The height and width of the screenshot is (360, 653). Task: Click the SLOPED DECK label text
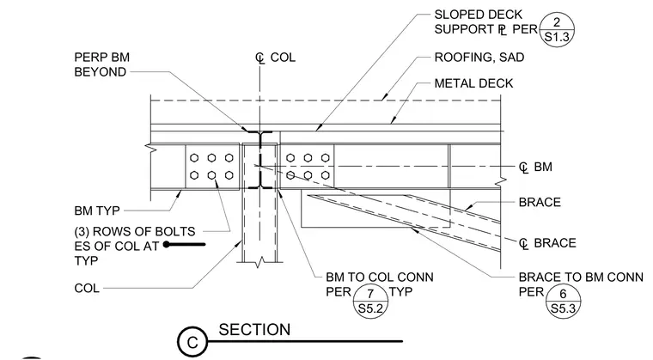tap(478, 15)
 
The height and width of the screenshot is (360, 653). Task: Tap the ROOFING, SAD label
tap(479, 57)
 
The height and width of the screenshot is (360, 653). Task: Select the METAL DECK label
tap(474, 83)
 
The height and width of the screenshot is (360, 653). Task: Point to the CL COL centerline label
tap(275, 58)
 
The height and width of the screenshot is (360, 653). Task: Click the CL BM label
tap(535, 167)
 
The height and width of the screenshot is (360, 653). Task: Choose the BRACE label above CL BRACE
tap(540, 203)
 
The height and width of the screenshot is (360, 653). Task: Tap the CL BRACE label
tap(547, 243)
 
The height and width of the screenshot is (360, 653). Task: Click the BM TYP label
tap(97, 211)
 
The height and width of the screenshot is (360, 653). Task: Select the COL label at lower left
tap(87, 289)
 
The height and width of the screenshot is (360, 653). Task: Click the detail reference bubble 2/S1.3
tap(557, 29)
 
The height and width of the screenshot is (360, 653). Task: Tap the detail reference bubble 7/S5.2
tap(370, 302)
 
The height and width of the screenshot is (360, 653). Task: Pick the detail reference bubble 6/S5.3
tap(563, 302)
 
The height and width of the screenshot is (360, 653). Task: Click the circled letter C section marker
tap(192, 342)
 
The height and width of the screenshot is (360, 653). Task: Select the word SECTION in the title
tap(254, 330)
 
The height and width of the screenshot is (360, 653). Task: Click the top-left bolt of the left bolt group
tap(194, 158)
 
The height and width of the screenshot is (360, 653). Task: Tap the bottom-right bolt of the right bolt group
tap(326, 175)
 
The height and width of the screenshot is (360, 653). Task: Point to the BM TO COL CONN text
tap(380, 277)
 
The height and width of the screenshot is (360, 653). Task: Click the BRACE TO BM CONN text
tap(581, 277)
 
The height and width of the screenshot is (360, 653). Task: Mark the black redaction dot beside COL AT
tap(167, 244)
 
